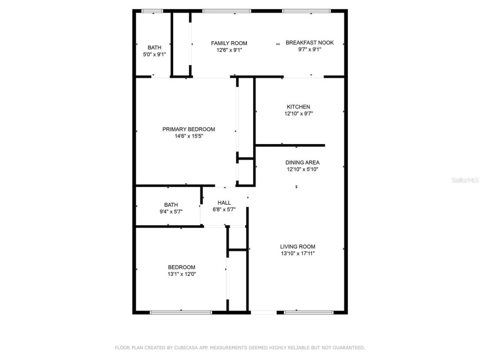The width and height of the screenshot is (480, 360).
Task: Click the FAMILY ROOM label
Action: pos(229,43)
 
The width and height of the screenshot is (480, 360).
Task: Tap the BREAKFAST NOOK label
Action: pos(310,43)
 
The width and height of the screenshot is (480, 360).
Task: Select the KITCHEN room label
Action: pos(298,107)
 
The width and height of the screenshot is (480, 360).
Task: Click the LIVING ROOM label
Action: pos(298,247)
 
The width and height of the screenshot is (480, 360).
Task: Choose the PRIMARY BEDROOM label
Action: pos(189,129)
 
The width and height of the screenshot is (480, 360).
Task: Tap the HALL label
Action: pos(224,202)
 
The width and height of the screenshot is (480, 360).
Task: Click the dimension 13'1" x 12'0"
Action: pos(182,274)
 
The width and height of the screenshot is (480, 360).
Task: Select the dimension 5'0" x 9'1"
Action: pos(154,54)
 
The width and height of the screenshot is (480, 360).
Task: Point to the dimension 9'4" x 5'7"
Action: pos(171,211)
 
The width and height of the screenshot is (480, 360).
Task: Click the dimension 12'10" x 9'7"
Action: pos(298,114)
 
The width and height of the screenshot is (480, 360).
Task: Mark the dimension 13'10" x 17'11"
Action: pos(298,254)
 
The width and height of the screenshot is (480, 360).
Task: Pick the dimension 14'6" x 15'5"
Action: pos(189,136)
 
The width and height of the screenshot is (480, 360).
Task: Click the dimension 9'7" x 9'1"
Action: pos(310,50)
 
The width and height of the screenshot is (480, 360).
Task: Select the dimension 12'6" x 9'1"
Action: pos(229,50)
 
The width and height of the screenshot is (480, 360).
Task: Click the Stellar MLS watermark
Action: pos(465,179)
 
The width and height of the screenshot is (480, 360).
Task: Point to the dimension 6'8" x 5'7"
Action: pos(224,209)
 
